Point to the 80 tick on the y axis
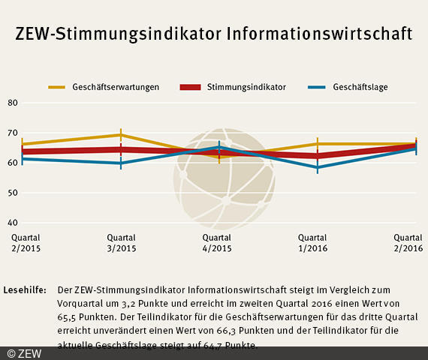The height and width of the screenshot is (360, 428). point(12,103)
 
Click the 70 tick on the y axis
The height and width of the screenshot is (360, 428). point(12,133)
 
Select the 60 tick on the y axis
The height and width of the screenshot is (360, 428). point(12,163)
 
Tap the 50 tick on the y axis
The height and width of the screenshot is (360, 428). point(12,193)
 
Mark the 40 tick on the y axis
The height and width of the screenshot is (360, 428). point(12,223)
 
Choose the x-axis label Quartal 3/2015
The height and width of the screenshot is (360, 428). point(122,243)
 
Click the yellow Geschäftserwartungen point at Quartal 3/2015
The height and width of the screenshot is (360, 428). point(122,135)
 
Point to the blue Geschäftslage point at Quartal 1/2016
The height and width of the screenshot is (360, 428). point(318,167)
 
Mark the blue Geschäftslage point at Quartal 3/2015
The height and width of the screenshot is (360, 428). point(122,163)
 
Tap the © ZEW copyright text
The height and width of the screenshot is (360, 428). point(25,353)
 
